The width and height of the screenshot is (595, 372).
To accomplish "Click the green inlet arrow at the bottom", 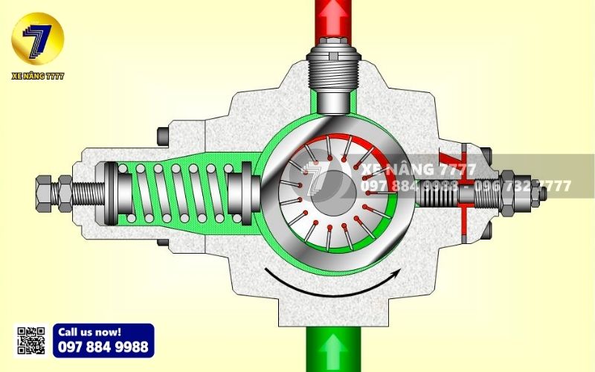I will click(x=333, y=350).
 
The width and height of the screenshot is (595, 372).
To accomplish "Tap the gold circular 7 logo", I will click(x=38, y=37).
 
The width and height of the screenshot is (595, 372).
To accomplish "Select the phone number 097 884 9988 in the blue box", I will click(x=103, y=347).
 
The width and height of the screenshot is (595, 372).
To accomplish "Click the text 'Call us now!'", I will click(x=89, y=332).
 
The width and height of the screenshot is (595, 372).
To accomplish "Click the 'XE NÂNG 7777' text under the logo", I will click(x=38, y=76).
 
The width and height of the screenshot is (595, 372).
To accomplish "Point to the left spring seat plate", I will click(x=111, y=192).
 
